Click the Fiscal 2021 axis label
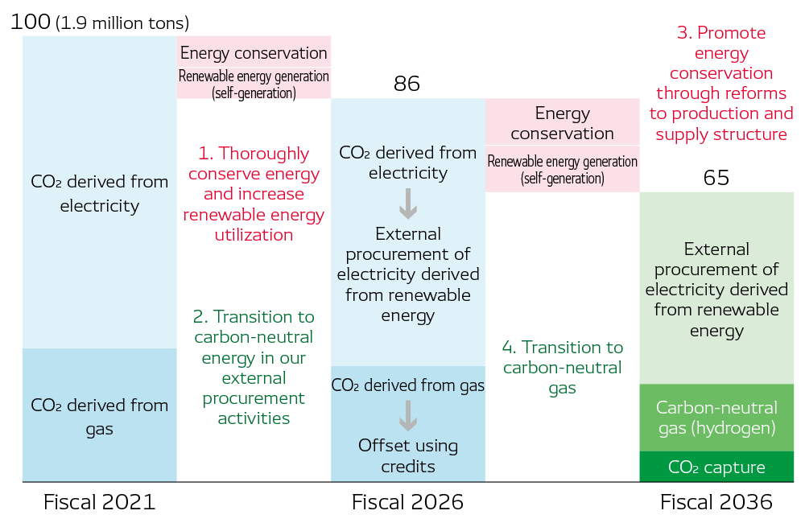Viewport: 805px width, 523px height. [x=99, y=503]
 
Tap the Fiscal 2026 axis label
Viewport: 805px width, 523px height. [x=407, y=503]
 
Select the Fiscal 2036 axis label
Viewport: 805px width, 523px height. [x=716, y=503]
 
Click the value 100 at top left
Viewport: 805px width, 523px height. [x=31, y=22]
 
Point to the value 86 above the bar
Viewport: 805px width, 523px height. [x=407, y=84]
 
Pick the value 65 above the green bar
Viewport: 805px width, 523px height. [x=716, y=178]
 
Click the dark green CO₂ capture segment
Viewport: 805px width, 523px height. [x=716, y=467]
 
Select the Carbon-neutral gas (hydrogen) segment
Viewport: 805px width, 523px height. [x=716, y=418]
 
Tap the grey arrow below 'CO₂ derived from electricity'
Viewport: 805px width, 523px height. [x=408, y=204]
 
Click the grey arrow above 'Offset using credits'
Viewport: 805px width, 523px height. [x=408, y=415]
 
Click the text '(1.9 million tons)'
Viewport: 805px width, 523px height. [x=122, y=23]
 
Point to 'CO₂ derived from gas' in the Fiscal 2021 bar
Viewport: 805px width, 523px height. [x=99, y=416]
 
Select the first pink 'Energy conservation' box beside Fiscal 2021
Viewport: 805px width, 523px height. [x=254, y=53]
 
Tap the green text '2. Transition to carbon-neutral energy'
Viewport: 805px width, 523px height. [x=254, y=368]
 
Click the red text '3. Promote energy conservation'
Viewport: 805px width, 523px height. [x=721, y=84]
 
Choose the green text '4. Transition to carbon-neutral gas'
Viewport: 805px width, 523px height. [x=563, y=368]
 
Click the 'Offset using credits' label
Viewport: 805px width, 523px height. [x=408, y=455]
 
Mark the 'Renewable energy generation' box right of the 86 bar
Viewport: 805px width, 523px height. [x=563, y=169]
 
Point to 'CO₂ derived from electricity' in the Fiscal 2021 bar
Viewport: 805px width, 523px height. [x=99, y=193]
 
